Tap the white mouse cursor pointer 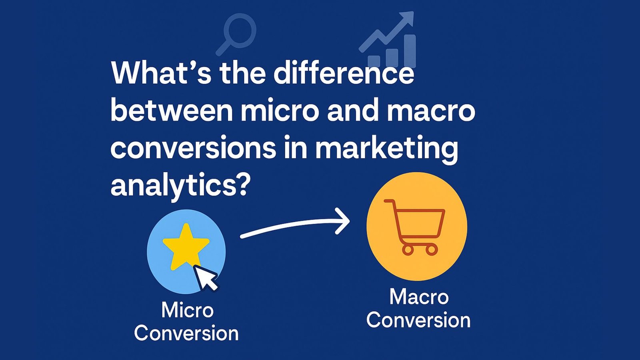(206, 278)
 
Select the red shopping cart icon (416, 226)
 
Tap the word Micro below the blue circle (187, 310)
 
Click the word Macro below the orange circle (419, 297)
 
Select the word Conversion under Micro (186, 334)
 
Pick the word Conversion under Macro (418, 320)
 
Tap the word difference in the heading (344, 74)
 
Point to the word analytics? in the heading (180, 186)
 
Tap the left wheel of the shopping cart (408, 250)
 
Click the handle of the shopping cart (388, 202)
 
